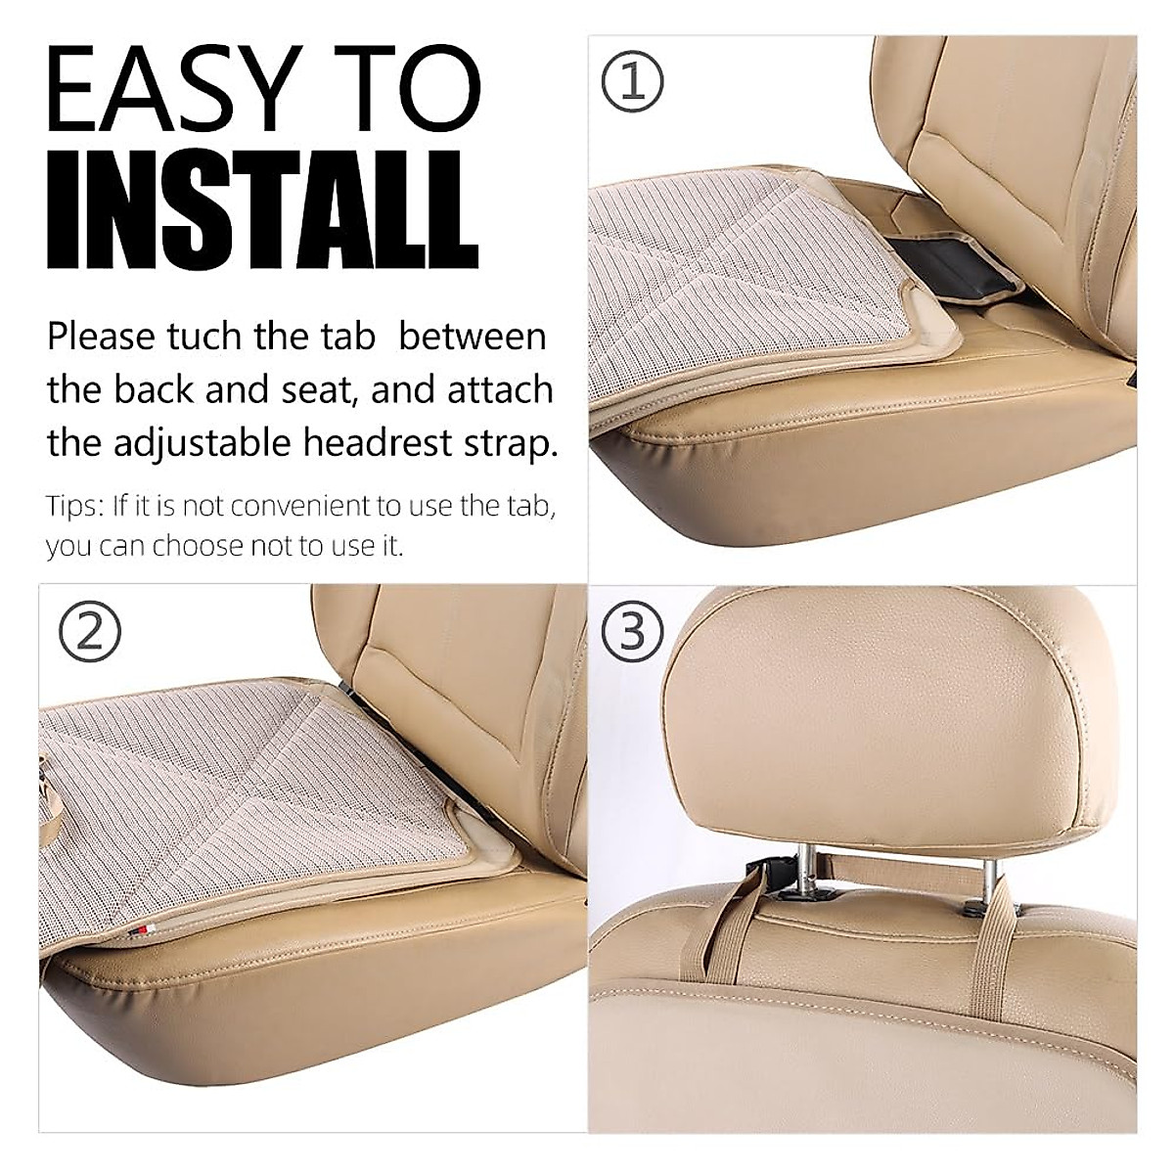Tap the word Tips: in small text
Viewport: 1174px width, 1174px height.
coord(74,506)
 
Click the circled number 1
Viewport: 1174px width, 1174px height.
coord(632,81)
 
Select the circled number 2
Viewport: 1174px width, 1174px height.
coord(90,631)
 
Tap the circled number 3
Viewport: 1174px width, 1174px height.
coord(632,631)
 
